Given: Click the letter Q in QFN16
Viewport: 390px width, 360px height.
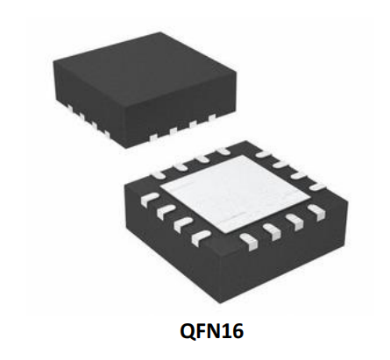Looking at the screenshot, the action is (188, 332).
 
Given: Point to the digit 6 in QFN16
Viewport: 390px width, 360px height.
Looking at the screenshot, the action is (238, 331).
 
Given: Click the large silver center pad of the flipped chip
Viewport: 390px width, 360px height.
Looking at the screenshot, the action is (235, 194).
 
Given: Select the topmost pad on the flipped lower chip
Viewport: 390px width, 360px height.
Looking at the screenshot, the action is (223, 152).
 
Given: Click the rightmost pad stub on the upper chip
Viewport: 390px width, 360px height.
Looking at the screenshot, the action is (211, 117).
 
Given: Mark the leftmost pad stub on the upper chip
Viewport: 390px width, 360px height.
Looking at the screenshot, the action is (69, 109).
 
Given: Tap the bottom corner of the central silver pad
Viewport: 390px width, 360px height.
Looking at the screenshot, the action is (225, 234).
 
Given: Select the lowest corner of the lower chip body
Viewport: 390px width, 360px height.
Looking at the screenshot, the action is (219, 303).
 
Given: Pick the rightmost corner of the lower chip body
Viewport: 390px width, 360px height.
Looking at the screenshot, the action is (349, 200).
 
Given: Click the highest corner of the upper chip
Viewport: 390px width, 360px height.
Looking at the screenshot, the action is (160, 32).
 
